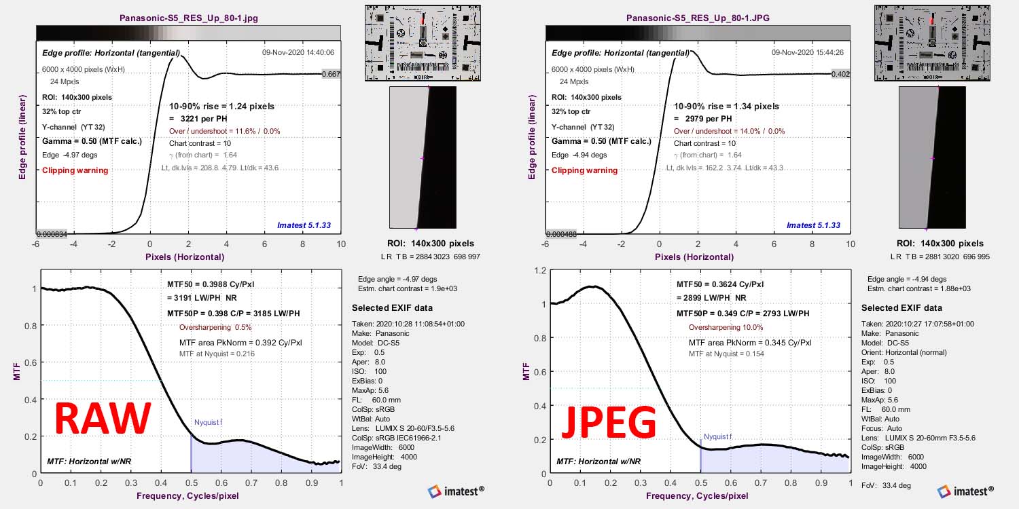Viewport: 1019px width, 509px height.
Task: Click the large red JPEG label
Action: click(609, 422)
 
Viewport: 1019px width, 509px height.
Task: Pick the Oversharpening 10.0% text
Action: click(726, 326)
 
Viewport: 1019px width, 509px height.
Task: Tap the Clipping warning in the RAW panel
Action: click(75, 170)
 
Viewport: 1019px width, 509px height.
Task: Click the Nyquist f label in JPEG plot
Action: click(717, 436)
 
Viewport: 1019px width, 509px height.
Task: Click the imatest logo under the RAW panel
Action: click(456, 491)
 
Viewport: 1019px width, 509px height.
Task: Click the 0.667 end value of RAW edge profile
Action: click(330, 74)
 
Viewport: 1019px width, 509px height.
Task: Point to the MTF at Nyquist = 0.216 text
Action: click(216, 354)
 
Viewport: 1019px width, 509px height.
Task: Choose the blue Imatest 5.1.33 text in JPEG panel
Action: click(813, 225)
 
